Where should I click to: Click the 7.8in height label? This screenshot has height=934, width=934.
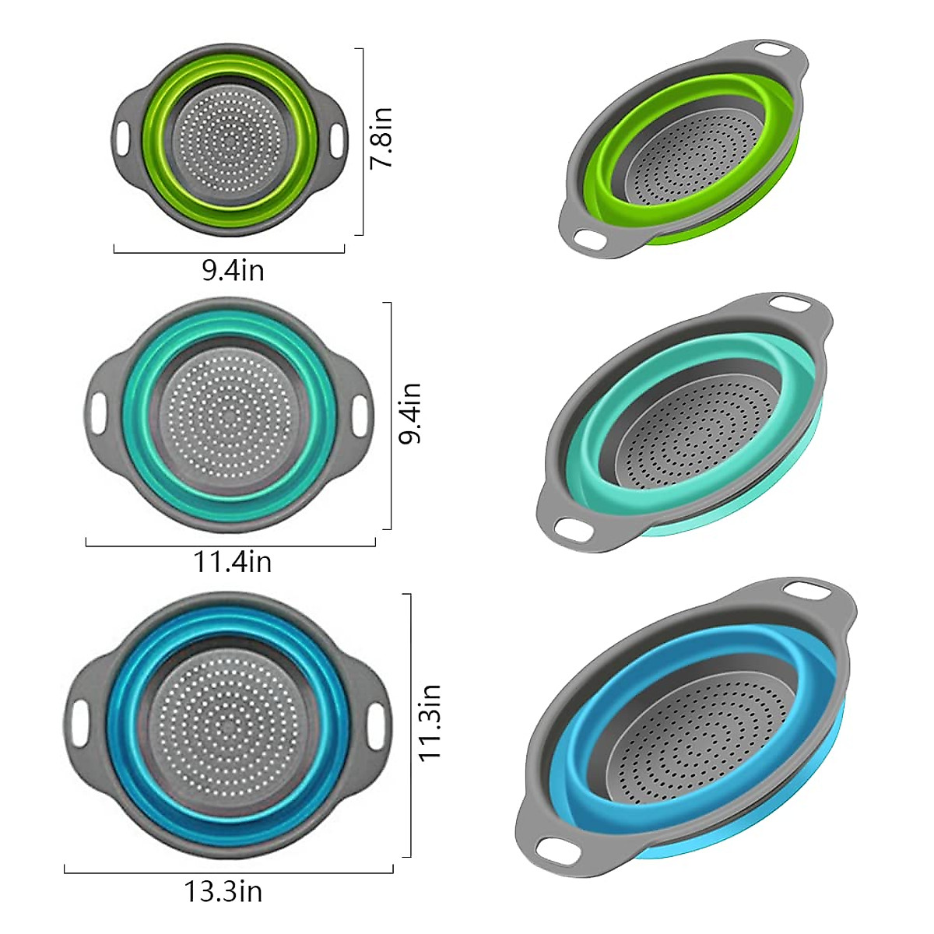pos(381,138)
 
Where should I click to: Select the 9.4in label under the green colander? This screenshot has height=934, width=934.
pos(233,271)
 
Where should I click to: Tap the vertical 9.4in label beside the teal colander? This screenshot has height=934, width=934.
pos(409,413)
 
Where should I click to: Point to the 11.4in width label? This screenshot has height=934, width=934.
pos(233,561)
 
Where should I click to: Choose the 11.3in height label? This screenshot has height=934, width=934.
pos(430,722)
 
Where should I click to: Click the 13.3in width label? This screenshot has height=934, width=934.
pos(223,890)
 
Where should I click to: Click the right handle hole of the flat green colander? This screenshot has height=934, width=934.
pos(335,139)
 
